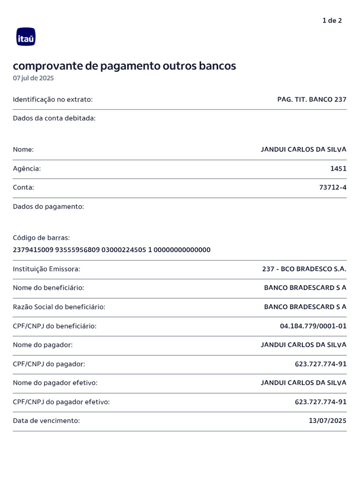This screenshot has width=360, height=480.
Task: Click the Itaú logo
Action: (26, 37)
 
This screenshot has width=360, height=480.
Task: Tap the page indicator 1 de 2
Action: (332, 21)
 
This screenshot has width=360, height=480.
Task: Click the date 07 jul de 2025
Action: (33, 78)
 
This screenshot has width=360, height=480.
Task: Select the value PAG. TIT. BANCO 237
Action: (312, 99)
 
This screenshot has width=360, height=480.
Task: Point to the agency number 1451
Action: (338, 168)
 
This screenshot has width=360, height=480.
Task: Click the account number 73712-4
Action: (333, 187)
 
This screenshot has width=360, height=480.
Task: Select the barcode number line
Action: (112, 250)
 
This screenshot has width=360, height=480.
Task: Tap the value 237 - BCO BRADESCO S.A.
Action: (304, 269)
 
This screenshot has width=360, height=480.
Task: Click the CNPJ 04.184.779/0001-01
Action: (313, 326)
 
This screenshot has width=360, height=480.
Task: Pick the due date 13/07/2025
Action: (328, 421)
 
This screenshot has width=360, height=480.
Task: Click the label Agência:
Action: (27, 168)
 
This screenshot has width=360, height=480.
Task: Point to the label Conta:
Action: (23, 187)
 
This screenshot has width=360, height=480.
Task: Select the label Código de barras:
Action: (41, 238)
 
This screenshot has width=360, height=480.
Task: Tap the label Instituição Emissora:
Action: (46, 269)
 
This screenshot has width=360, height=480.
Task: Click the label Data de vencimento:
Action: (46, 421)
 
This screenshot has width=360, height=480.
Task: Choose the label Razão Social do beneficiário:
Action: (59, 307)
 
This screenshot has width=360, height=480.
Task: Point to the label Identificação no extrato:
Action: (52, 99)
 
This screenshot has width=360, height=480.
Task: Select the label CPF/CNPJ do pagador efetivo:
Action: (61, 402)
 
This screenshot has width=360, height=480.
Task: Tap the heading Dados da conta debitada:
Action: (54, 118)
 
